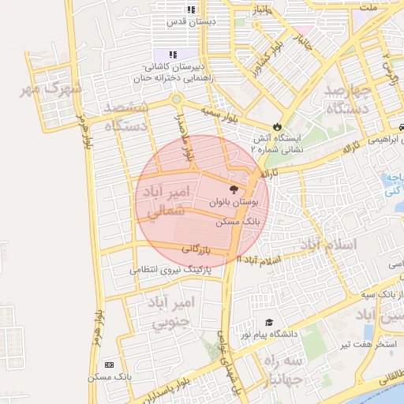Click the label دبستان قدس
click(x=176, y=21)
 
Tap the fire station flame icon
click(x=277, y=126)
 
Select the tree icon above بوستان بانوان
click(x=233, y=189)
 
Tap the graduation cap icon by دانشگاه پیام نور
click(x=269, y=323)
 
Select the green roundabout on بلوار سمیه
click(x=176, y=100)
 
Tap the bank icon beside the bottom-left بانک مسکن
click(x=108, y=365)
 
